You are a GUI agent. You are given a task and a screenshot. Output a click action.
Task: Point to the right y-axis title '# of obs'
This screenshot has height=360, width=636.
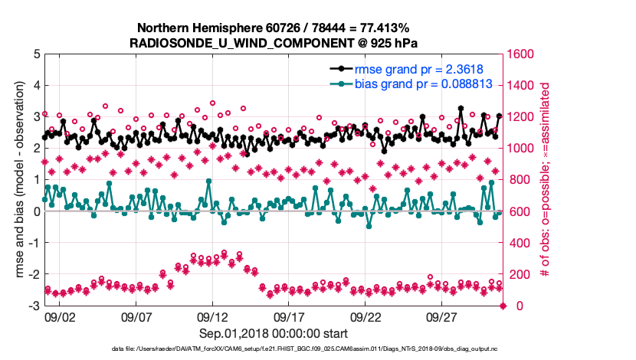[x=546, y=179]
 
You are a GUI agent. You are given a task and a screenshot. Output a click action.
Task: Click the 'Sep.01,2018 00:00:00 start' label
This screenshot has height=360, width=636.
[x=274, y=333]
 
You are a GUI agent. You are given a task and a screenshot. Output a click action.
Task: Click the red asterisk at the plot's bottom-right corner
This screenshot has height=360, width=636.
[x=503, y=306]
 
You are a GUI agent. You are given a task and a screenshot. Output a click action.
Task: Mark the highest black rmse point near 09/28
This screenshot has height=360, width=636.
[x=461, y=109]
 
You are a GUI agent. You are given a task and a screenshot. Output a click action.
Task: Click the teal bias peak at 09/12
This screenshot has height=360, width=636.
[x=208, y=182]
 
